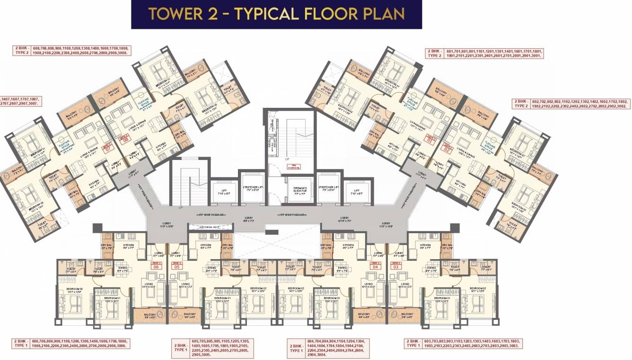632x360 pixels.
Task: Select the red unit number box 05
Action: [x=177, y=265]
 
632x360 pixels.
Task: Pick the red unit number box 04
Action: [x=376, y=265]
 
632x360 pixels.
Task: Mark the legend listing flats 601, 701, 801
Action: [x=484, y=53]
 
